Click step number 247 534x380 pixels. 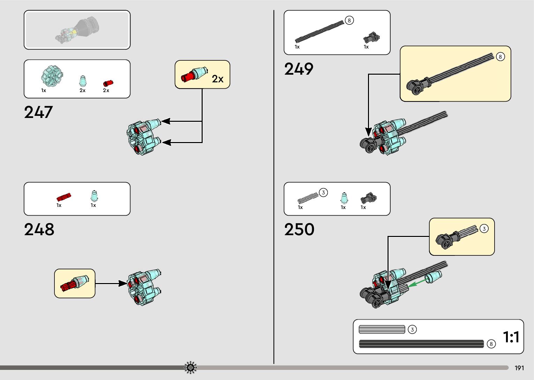coord(38,112)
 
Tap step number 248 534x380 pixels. coord(39,230)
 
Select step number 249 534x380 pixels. coord(299,69)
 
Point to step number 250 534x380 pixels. coord(299,230)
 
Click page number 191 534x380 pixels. coord(519,368)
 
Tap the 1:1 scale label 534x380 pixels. coord(511,337)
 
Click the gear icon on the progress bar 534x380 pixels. coord(190,367)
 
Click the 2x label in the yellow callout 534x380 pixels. coord(218,79)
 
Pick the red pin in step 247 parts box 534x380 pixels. coord(108,83)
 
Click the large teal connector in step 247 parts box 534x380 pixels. coord(52,76)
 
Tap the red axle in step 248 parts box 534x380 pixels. coord(64,197)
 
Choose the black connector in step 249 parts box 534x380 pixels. coord(371,38)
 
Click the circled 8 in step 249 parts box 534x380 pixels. coord(349,20)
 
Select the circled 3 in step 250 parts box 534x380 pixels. coord(323,193)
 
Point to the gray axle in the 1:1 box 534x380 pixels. coord(382,329)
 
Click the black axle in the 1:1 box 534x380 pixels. coord(421,344)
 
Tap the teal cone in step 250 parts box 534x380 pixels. coord(344,198)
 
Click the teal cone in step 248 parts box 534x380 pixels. coord(94,196)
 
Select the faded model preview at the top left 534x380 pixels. coord(77,30)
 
